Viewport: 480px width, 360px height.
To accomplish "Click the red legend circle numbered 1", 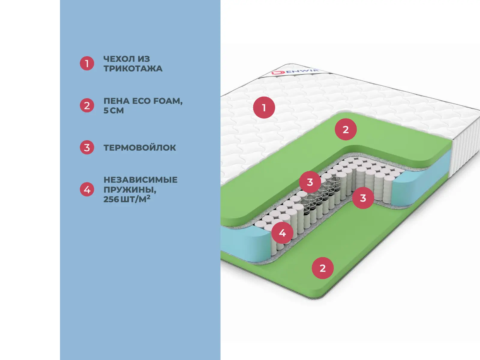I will (87, 64).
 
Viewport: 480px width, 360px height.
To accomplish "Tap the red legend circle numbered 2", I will (87, 106).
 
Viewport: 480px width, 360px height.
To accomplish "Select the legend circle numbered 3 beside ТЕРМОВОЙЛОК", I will (87, 148).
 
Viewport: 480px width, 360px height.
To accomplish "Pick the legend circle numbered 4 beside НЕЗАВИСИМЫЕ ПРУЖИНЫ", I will (87, 190).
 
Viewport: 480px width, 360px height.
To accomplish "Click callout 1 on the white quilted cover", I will (264, 107).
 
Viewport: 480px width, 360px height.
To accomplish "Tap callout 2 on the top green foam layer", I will (346, 129).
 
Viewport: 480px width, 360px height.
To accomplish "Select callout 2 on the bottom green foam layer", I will (322, 268).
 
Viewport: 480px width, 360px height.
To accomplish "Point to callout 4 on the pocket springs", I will (282, 233).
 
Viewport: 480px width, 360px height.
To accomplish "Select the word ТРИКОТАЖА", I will (133, 69).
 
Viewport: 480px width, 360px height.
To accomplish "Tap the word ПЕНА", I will (116, 101).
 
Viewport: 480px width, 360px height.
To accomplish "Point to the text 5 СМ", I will (113, 111).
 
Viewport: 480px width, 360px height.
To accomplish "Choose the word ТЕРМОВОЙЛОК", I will (140, 148).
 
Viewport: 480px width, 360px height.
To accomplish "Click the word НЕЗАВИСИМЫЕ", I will (140, 180).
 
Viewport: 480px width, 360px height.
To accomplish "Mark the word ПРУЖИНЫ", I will (130, 190).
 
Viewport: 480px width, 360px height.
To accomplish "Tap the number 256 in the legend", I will (111, 199).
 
